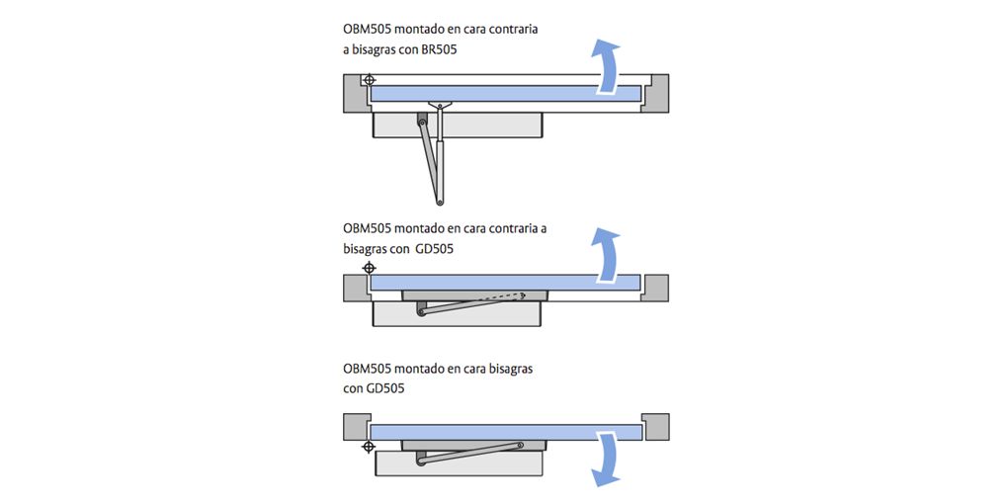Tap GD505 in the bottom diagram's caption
pyautogui.click(x=385, y=388)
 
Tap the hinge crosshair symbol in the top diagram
pyautogui.click(x=369, y=80)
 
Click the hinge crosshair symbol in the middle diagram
pyautogui.click(x=369, y=268)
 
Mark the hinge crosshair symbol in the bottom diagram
pyautogui.click(x=369, y=447)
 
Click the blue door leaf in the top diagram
pyautogui.click(x=504, y=94)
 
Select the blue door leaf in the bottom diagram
pyautogui.click(x=504, y=432)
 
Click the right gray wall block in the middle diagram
pyautogui.click(x=655, y=288)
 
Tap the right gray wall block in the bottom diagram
pyautogui.click(x=655, y=426)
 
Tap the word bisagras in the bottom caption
pyautogui.click(x=504, y=369)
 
